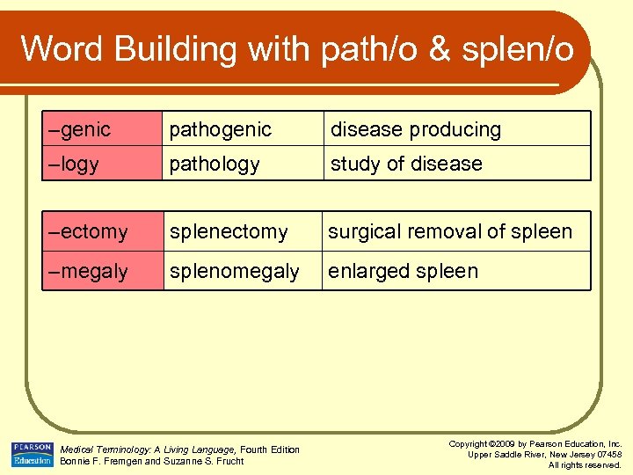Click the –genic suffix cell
pyautogui.click(x=102, y=129)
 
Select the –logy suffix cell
pyautogui.click(x=102, y=164)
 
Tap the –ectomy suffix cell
pyautogui.click(x=102, y=232)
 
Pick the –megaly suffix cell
pyautogui.click(x=102, y=271)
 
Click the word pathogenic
pyautogui.click(x=221, y=129)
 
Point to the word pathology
pyautogui.click(x=215, y=164)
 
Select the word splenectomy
pyautogui.click(x=229, y=232)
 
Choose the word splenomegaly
pyautogui.click(x=235, y=271)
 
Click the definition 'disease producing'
pyautogui.click(x=416, y=129)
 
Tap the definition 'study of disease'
pyautogui.click(x=406, y=164)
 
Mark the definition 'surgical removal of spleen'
pyautogui.click(x=450, y=232)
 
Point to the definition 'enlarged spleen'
pyautogui.click(x=404, y=271)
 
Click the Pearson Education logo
pyautogui.click(x=32, y=453)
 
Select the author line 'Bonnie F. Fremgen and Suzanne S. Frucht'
pyautogui.click(x=151, y=461)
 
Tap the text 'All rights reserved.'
pyautogui.click(x=585, y=464)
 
